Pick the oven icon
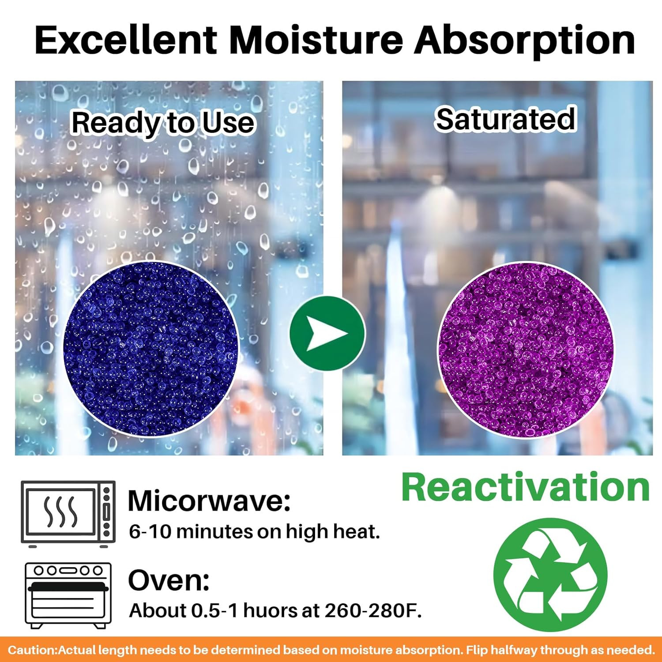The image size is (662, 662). point(68,596)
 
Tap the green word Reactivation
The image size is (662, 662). point(525,487)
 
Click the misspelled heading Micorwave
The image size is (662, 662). point(209,501)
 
